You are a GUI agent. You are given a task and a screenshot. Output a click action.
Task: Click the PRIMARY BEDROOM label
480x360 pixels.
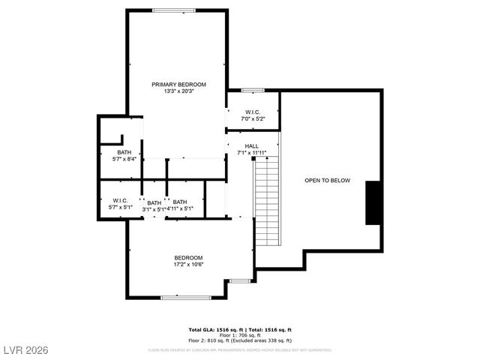[x=178, y=84]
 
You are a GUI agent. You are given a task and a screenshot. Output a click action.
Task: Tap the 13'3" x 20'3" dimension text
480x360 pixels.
[x=178, y=91]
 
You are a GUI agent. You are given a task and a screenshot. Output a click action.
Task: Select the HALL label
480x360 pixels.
[x=251, y=145]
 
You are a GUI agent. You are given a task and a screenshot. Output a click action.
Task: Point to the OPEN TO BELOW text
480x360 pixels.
[x=327, y=181]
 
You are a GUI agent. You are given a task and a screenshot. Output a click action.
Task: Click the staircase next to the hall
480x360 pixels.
[x=266, y=202]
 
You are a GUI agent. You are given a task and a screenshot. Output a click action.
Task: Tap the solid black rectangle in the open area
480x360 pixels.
[x=373, y=202]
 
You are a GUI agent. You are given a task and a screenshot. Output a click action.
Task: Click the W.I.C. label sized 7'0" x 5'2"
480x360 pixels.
[x=253, y=112]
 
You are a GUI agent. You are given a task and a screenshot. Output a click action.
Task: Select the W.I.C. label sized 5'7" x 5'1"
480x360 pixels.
[x=120, y=200]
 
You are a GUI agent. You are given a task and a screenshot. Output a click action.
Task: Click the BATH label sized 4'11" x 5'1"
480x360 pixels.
[x=180, y=202]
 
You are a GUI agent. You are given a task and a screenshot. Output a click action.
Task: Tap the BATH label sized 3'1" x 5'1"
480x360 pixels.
[x=154, y=202]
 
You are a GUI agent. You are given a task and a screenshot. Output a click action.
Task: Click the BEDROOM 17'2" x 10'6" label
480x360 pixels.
[x=188, y=257]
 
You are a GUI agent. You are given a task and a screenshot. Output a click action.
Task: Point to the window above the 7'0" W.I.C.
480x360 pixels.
[x=253, y=91]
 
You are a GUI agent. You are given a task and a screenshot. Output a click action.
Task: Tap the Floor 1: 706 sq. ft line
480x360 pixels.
[x=239, y=334]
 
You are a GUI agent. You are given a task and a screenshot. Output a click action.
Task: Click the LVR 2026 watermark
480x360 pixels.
[x=24, y=349]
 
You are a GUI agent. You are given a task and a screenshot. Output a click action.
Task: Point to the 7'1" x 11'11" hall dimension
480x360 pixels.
[x=251, y=153]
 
